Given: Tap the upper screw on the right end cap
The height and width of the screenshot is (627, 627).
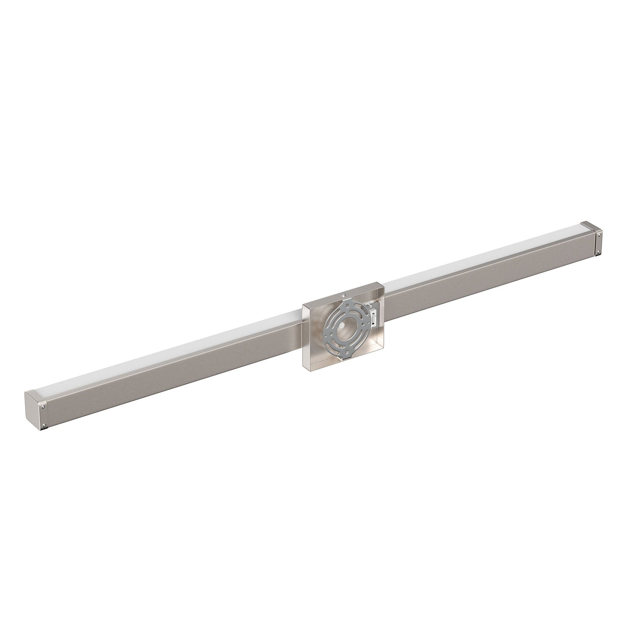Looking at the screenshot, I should click(599, 235).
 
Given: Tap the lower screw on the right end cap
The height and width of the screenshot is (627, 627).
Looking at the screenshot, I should click(599, 252).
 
